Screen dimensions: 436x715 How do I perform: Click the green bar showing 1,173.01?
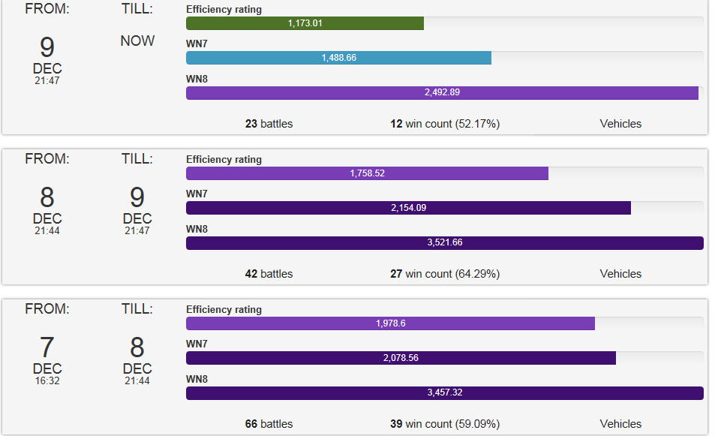click(x=305, y=23)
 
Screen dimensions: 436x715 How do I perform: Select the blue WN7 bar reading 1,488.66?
click(x=338, y=58)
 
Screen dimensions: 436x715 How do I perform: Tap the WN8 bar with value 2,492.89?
click(x=442, y=93)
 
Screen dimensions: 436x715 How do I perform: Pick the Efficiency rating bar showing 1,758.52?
click(x=367, y=173)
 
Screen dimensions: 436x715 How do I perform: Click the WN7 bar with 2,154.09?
click(x=408, y=208)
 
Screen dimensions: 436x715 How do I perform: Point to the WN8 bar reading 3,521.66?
click(x=444, y=243)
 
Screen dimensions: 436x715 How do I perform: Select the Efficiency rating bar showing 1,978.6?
click(x=390, y=323)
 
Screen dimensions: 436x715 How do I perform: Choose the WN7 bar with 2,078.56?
click(x=401, y=358)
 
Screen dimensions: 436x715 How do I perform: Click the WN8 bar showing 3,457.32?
click(x=444, y=393)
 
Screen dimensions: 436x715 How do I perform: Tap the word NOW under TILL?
click(x=137, y=41)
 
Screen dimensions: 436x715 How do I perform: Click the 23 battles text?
click(x=269, y=124)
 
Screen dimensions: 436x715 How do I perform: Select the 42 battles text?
click(x=269, y=274)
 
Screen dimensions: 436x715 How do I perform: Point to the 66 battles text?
click(x=269, y=424)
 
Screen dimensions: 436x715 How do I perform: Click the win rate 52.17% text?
click(x=477, y=124)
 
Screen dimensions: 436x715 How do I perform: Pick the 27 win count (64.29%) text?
click(x=445, y=274)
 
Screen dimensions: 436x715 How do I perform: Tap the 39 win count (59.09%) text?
click(x=445, y=424)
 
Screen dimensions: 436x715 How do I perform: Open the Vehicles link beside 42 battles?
click(x=620, y=274)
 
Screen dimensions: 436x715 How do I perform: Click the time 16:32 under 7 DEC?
click(x=47, y=381)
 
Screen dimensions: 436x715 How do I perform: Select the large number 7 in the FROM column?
click(x=47, y=347)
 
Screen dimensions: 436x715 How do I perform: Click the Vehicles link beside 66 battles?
click(x=620, y=424)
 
